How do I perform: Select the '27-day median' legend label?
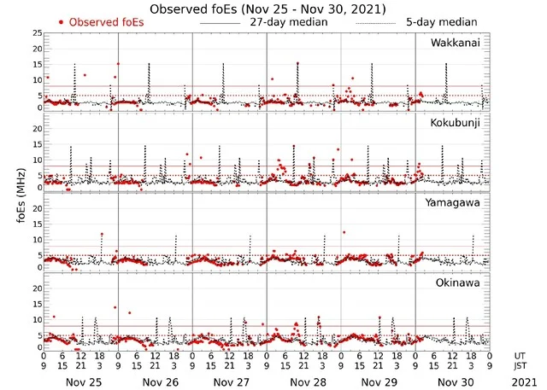click(x=288, y=21)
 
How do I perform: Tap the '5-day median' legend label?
click(x=442, y=21)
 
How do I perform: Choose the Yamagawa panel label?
click(x=455, y=202)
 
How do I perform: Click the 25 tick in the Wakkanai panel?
click(x=36, y=33)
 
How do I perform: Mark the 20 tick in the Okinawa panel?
click(x=36, y=288)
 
